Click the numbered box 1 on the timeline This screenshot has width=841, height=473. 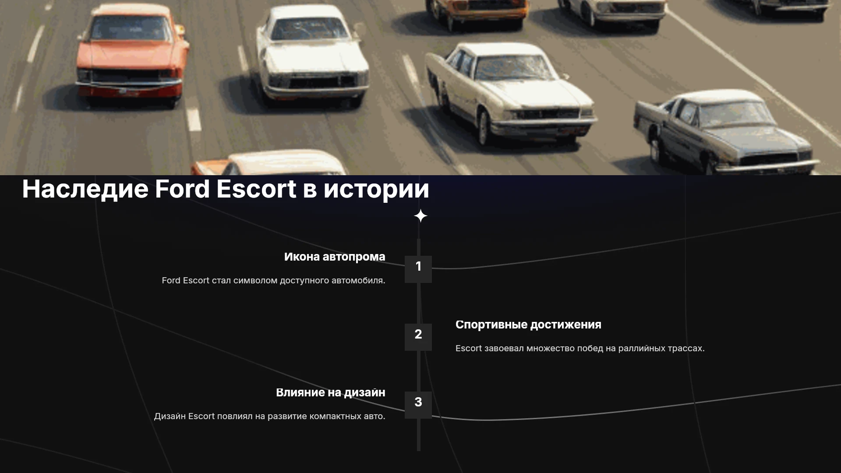point(418,269)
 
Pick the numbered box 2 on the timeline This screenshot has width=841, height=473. point(418,337)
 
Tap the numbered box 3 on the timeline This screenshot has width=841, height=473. point(418,405)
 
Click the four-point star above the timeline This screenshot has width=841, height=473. point(420,216)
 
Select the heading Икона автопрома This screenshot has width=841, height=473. point(335,257)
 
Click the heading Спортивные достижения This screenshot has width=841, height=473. point(528,325)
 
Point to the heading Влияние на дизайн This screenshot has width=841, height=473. point(331,393)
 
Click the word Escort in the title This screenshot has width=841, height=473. point(256,189)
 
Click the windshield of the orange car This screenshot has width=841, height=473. point(131,29)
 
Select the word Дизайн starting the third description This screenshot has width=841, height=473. point(170,417)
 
